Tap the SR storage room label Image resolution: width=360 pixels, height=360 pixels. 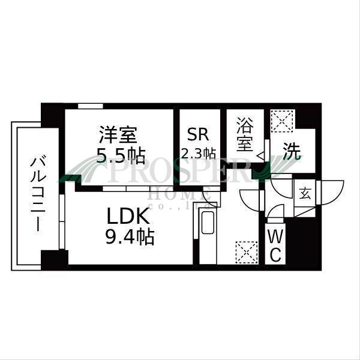pyautogui.click(x=198, y=133)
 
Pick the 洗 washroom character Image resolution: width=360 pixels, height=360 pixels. pyautogui.click(x=291, y=152)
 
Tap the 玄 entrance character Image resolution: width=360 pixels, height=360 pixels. pyautogui.click(x=305, y=193)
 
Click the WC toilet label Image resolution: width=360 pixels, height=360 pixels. pyautogui.click(x=275, y=245)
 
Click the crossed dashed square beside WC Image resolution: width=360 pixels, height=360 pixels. pyautogui.click(x=245, y=251)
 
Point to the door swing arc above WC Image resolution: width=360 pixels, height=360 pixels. pyautogui.click(x=274, y=211)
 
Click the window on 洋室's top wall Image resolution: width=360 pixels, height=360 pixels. pyautogui.click(x=90, y=106)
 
